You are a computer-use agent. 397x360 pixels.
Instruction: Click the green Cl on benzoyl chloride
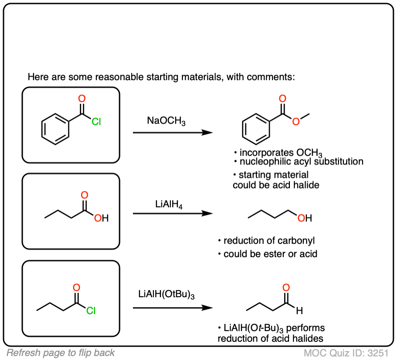point(96,121)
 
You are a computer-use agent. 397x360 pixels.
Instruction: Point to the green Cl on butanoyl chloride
point(91,311)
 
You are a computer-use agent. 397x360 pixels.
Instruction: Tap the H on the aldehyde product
point(299,310)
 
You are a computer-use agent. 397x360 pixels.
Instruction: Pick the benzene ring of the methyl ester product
point(256,130)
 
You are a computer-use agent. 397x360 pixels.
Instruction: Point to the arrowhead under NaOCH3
point(207,133)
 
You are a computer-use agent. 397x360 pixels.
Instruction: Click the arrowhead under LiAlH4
point(207,213)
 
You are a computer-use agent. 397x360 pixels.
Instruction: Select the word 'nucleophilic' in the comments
point(262,161)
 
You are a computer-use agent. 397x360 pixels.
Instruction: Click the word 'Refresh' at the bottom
point(22,353)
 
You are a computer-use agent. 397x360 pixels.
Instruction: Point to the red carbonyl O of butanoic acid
point(84,195)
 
